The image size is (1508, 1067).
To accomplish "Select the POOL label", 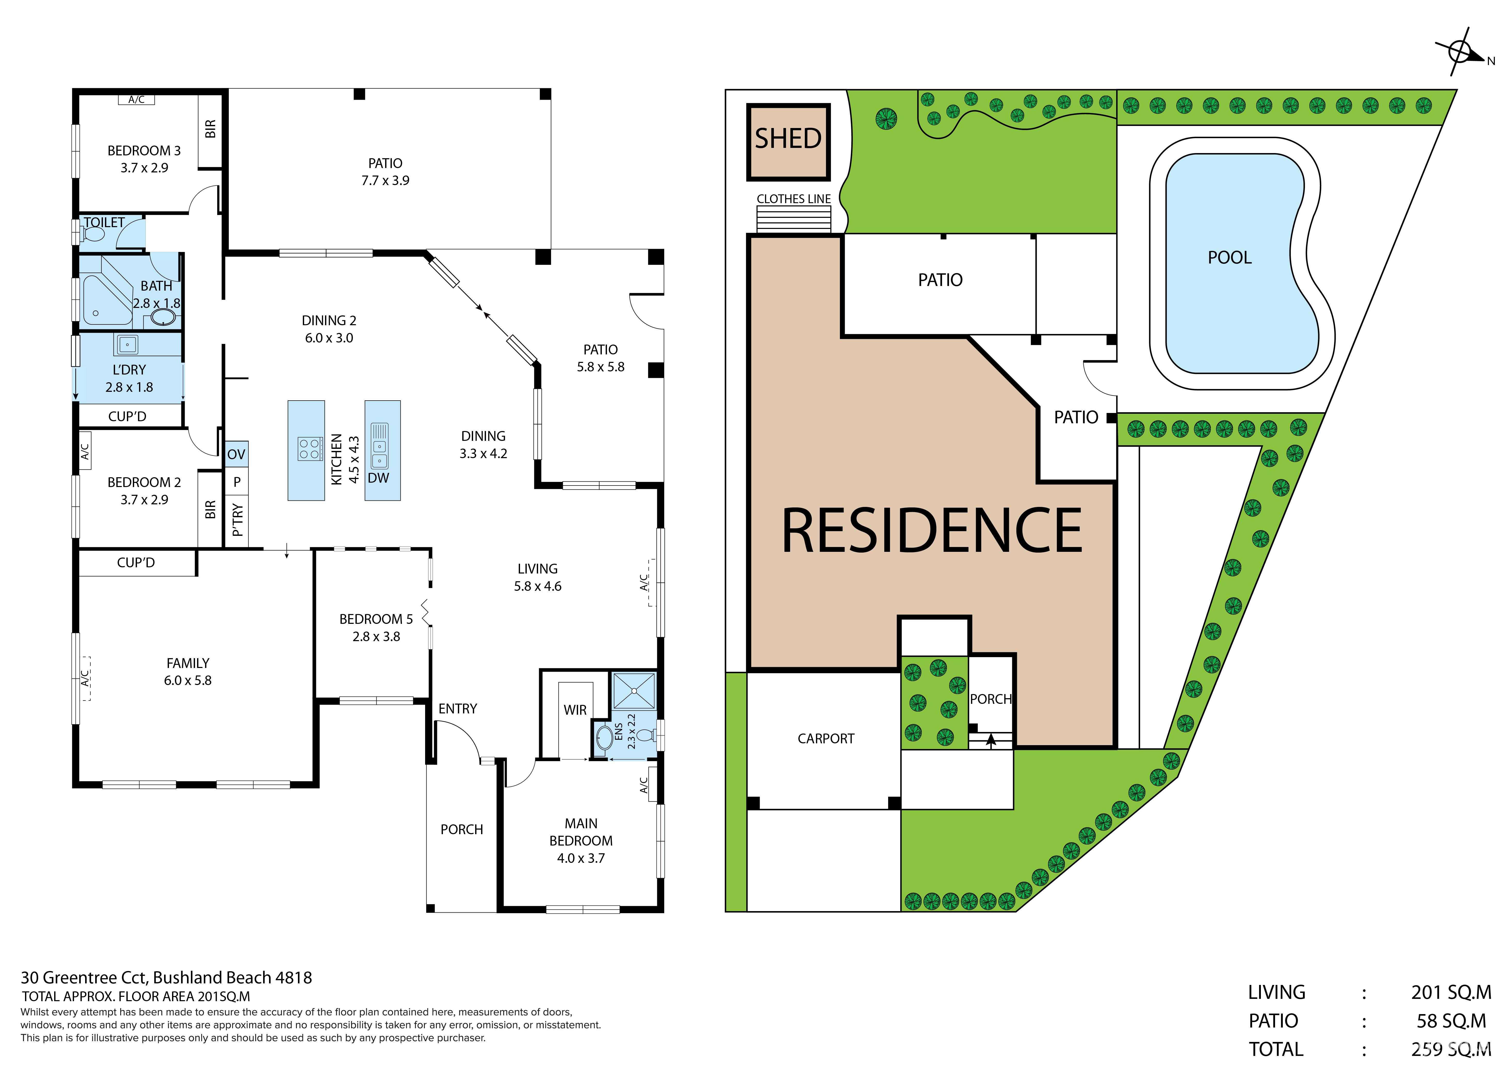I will pos(1229,258).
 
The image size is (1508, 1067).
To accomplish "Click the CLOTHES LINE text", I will pos(793,198).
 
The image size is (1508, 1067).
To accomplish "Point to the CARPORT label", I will pos(826,738).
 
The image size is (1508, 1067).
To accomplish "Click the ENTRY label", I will pos(458,708).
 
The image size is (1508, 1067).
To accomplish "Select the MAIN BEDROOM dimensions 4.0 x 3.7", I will pos(581,858).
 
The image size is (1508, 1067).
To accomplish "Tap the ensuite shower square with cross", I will pos(634,690).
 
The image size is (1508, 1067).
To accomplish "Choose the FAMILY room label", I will pos(188,663).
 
